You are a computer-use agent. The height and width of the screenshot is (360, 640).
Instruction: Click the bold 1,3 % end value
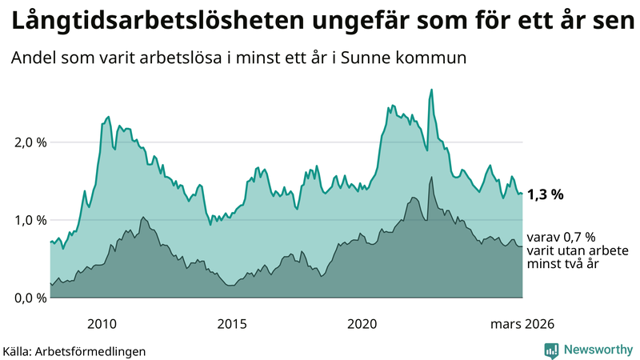tap(546, 194)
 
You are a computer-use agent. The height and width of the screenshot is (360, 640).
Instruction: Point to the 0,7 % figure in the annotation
tap(578, 237)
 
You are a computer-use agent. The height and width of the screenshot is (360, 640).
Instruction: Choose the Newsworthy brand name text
tap(598, 350)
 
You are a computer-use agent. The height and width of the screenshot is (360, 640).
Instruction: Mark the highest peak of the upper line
tap(432, 90)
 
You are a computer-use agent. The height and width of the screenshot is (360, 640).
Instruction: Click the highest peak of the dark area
tap(432, 178)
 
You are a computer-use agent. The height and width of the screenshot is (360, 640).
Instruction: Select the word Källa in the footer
tap(19, 351)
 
